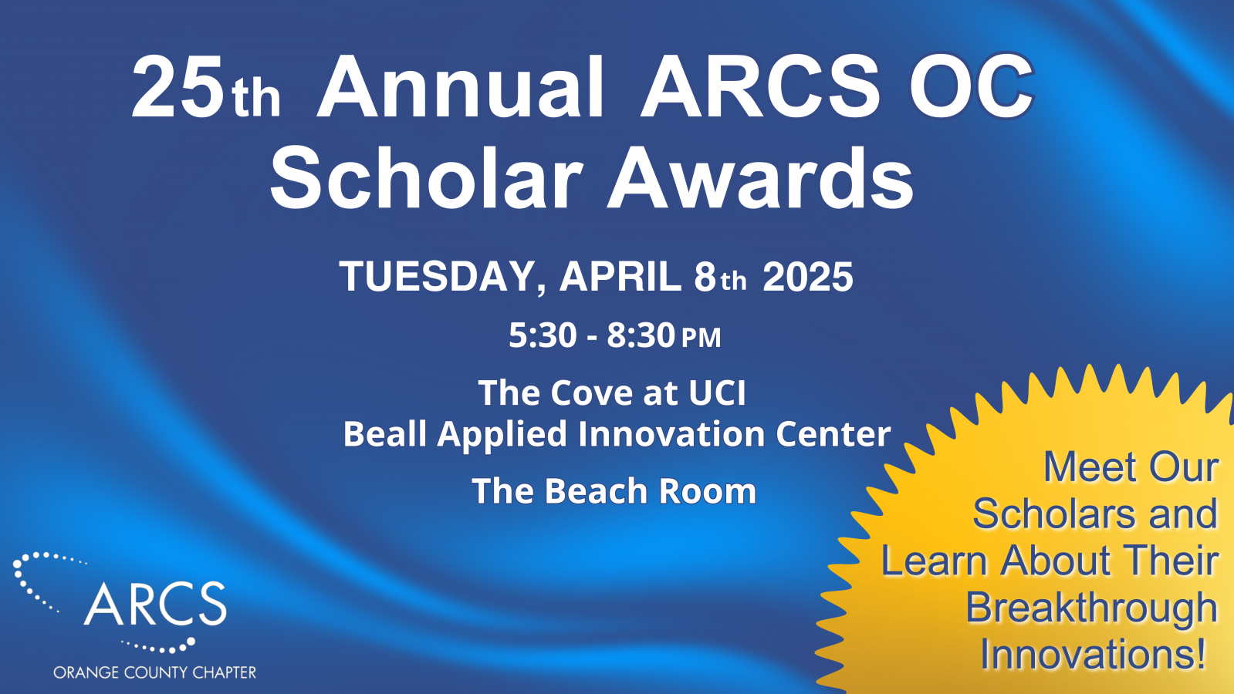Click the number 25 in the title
pos(177,87)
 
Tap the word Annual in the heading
pos(460,86)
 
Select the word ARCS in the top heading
pos(760,86)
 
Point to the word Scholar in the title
pos(425,178)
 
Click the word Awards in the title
pos(760,178)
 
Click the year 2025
pos(807,276)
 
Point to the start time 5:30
pos(543,335)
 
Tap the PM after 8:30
pos(701,338)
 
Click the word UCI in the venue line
pos(717,393)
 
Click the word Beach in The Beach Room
pos(596,490)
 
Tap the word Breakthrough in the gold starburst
pos(1091,608)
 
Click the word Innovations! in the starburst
pos(1093,654)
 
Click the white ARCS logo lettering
pos(155,603)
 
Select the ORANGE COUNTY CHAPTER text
pos(155,672)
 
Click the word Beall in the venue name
pos(385,433)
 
